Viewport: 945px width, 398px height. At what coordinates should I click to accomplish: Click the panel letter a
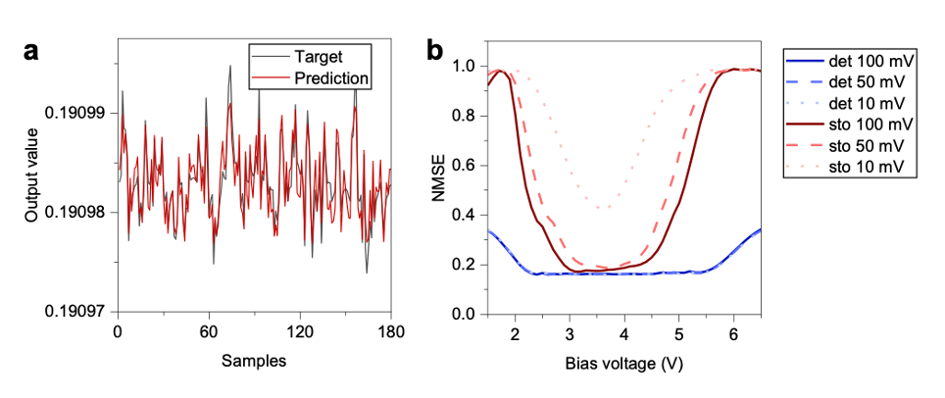pos(32,51)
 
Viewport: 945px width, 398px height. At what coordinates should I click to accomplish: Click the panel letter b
pos(435,51)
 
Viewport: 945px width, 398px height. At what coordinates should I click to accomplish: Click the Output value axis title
pos(32,176)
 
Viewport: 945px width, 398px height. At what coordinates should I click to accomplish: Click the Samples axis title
pos(253,361)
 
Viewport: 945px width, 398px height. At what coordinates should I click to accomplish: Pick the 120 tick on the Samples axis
pos(299,333)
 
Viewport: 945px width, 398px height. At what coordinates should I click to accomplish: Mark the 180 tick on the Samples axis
pos(390,333)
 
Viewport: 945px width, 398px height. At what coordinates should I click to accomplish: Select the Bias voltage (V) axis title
pos(623,362)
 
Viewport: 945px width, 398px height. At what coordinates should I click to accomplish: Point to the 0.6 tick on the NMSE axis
pos(464,166)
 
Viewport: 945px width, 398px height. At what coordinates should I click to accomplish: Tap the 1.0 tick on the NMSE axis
pos(464,67)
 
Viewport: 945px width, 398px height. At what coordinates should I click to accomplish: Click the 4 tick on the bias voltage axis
pos(623,334)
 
